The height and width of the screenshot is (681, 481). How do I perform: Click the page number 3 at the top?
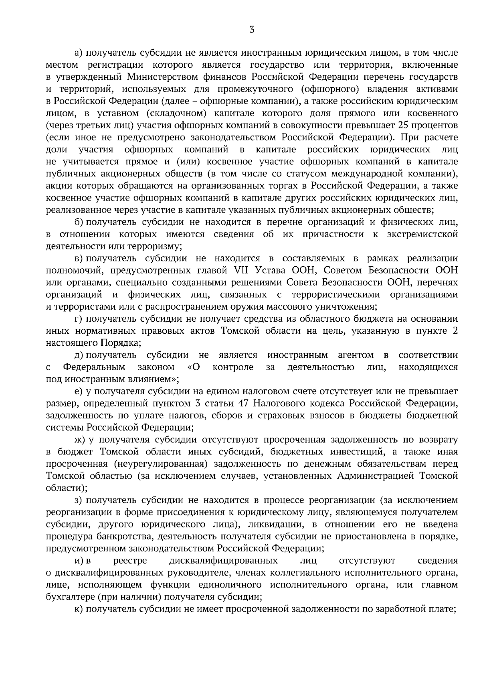click(252, 30)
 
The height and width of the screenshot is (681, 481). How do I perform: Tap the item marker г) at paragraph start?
click(79, 319)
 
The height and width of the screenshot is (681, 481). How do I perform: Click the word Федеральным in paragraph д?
click(94, 367)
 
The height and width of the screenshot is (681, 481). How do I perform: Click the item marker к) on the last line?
click(79, 609)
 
